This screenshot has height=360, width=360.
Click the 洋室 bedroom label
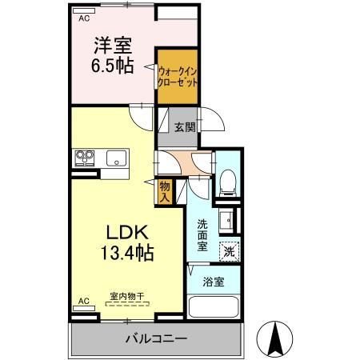coord(113,46)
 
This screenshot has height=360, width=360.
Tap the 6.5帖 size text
coord(112,66)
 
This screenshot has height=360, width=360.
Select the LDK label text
coord(127,232)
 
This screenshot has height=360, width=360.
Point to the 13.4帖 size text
coord(127,253)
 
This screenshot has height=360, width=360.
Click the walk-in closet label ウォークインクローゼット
coord(178,78)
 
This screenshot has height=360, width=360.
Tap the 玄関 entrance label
coord(185,127)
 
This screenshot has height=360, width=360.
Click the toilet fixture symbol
coord(228,182)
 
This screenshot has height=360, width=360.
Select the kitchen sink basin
coord(116,158)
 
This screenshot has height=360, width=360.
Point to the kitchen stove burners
coord(85,158)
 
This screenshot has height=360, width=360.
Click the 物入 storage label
coord(165,193)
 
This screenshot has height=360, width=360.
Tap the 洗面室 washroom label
coord(202,235)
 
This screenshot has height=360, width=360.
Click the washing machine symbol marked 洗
coord(229,252)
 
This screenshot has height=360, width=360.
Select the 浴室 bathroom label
coord(214,282)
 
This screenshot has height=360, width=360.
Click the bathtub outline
coord(214,306)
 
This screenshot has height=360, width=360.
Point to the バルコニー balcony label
coord(157,339)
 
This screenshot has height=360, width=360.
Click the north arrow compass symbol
coord(274,339)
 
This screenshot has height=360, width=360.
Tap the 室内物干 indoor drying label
coord(127,296)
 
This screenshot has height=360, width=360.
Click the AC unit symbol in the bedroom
coord(84,11)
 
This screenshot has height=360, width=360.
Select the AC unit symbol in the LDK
coord(84,309)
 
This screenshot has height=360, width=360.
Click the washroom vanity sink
coord(226,220)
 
